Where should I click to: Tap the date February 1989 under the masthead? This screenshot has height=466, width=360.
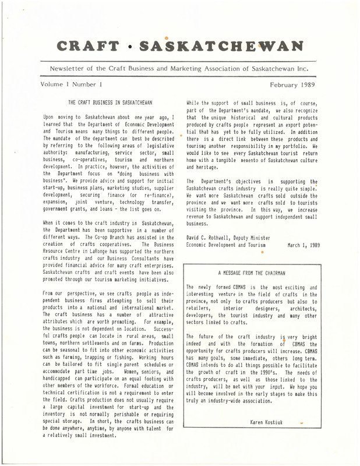(x=293, y=84)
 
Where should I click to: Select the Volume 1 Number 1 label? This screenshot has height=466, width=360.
(x=69, y=84)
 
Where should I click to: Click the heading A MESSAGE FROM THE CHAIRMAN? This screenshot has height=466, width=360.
(x=252, y=272)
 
